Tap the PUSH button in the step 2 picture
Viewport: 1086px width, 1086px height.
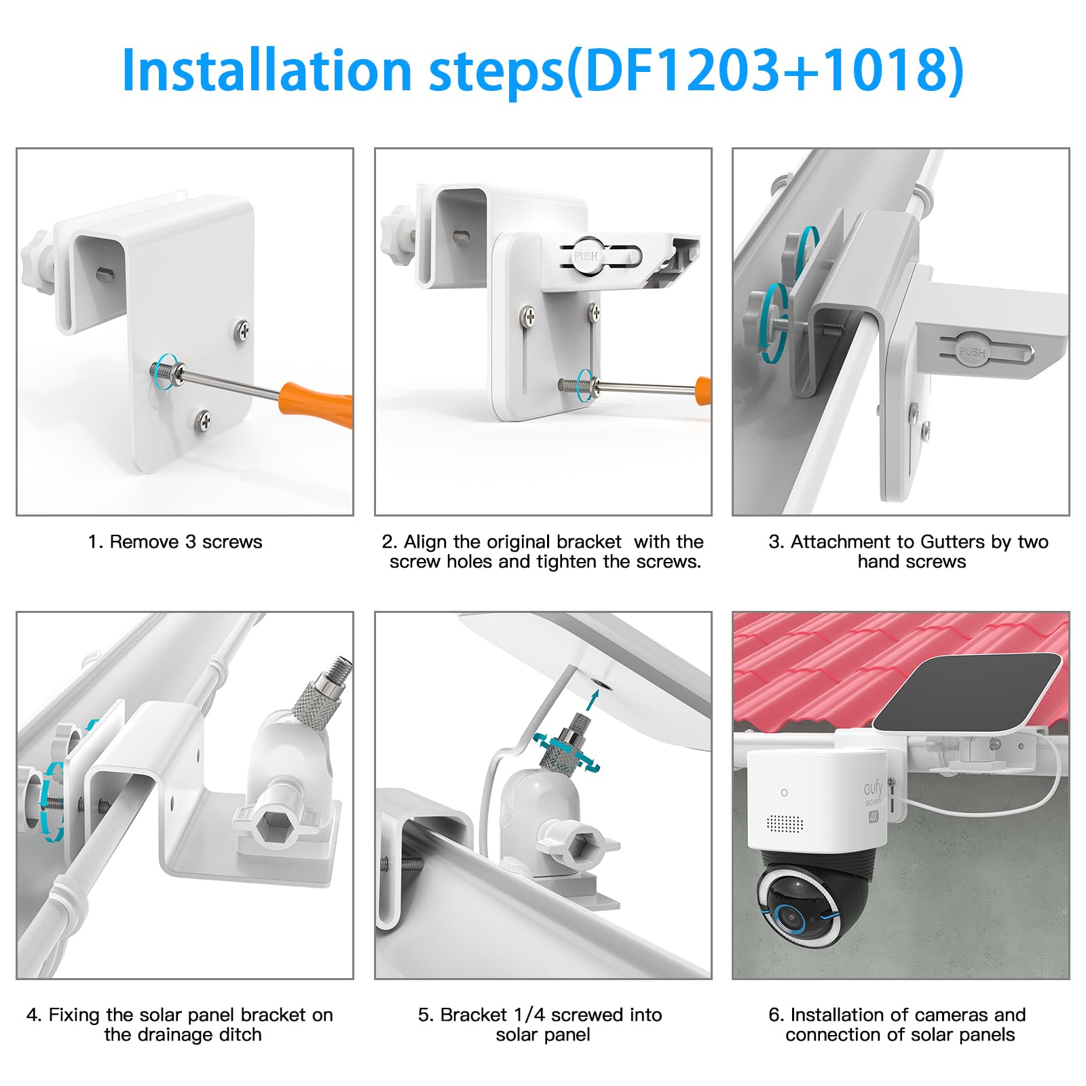tap(586, 255)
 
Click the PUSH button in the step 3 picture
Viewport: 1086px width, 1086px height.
tap(972, 350)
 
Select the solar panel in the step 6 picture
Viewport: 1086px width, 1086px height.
tap(966, 693)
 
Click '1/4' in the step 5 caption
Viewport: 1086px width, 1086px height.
tap(529, 1015)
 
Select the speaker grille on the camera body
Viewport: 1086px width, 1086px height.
tap(785, 823)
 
